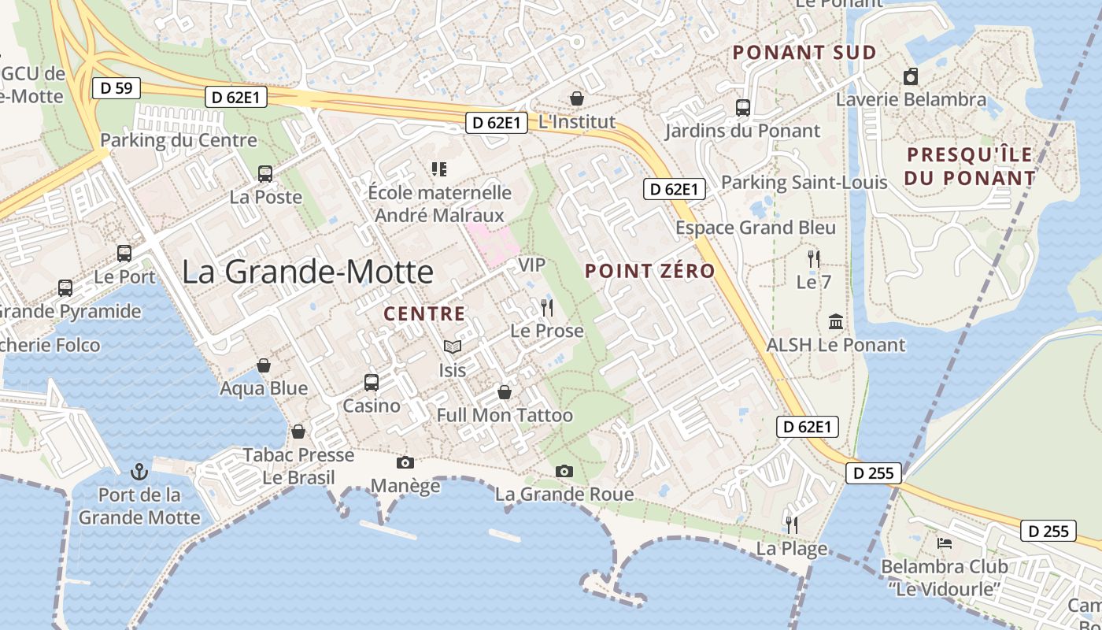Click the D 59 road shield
pyautogui.click(x=116, y=88)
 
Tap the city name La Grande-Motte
pyautogui.click(x=308, y=272)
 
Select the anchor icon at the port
pyautogui.click(x=139, y=472)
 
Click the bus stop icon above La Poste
pyautogui.click(x=265, y=174)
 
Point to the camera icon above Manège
pyautogui.click(x=405, y=462)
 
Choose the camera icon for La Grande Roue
pyautogui.click(x=564, y=471)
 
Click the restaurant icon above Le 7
pyautogui.click(x=814, y=258)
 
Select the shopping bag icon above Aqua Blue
pyautogui.click(x=264, y=365)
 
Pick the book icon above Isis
pyautogui.click(x=452, y=346)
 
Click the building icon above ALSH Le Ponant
pyautogui.click(x=836, y=321)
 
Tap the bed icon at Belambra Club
pyautogui.click(x=945, y=543)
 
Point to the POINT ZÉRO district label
pyautogui.click(x=650, y=272)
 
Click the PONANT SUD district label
pyautogui.click(x=804, y=53)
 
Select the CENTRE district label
pyautogui.click(x=424, y=313)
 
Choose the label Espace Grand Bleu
pyautogui.click(x=756, y=228)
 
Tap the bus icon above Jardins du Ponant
pyautogui.click(x=742, y=108)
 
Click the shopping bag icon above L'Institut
pyautogui.click(x=577, y=98)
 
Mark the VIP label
pyautogui.click(x=531, y=265)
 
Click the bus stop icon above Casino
pyautogui.click(x=372, y=383)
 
